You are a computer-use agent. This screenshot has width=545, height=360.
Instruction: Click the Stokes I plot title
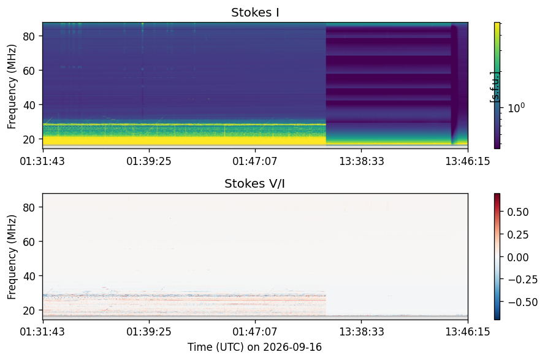coord(255,12)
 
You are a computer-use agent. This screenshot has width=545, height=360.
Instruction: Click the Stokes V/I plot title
coord(255,183)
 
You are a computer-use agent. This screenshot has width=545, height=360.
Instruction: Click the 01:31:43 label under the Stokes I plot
coord(42,161)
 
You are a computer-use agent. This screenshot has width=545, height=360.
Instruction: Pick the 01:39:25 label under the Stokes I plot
coord(149,161)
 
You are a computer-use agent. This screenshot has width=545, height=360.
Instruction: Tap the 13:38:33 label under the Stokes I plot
coord(362,161)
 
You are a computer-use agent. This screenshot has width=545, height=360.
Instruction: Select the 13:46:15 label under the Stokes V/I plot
coord(468,331)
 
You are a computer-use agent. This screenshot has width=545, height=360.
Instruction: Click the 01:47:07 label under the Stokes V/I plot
coord(255,331)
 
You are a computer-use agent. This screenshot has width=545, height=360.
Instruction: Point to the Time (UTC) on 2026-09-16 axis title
coord(255,347)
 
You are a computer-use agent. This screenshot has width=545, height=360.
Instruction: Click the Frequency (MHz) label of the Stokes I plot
coord(12,86)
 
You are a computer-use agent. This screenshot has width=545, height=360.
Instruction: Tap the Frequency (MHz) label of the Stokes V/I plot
coord(12,257)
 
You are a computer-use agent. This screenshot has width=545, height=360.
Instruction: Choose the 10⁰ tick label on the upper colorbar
coord(516,108)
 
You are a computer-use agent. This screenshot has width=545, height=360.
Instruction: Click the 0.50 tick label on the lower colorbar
coord(518,212)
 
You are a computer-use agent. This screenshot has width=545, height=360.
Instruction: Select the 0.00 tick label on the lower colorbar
coord(518,258)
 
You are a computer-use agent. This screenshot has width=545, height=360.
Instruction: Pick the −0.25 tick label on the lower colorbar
coord(523,280)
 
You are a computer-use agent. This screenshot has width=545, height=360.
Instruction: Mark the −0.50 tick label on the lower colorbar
coord(523,302)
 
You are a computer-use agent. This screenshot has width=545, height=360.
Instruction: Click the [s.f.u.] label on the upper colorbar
coord(494,87)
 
